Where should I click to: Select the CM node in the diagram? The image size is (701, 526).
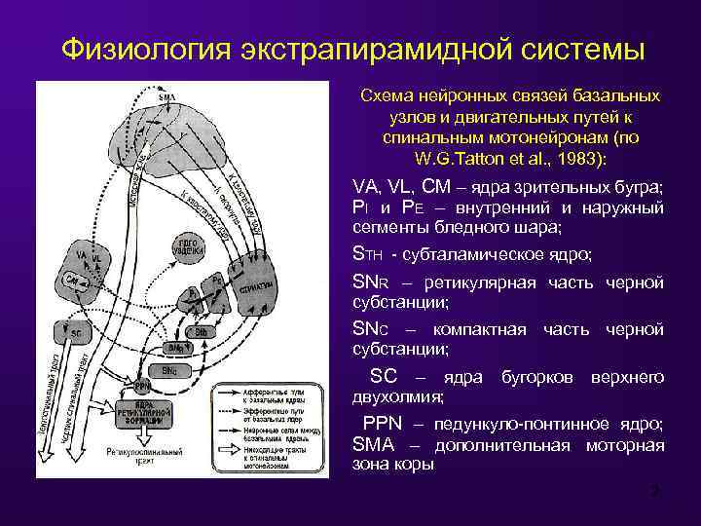pyautogui.click(x=72, y=281)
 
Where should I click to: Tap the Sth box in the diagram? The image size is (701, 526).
pyautogui.click(x=198, y=331)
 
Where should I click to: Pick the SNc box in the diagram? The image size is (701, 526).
pyautogui.click(x=169, y=371)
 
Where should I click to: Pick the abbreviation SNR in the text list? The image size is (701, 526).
pyautogui.click(x=370, y=282)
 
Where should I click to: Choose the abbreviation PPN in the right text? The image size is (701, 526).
pyautogui.click(x=382, y=425)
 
